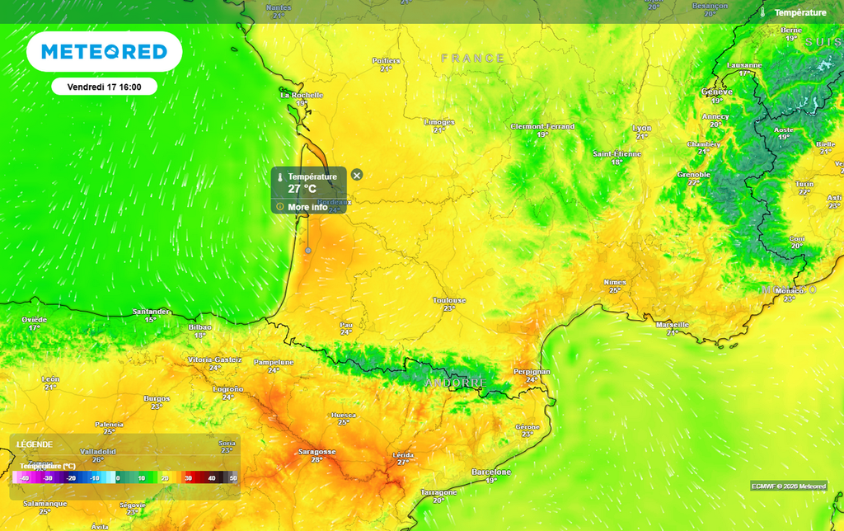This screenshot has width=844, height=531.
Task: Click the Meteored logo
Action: click(104, 52)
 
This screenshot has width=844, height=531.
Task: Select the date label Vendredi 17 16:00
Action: click(104, 86)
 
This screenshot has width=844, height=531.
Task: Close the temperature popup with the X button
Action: click(357, 175)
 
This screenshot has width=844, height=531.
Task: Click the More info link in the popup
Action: click(307, 207)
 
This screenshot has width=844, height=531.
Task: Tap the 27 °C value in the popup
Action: click(302, 189)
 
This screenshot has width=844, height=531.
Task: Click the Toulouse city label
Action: click(449, 301)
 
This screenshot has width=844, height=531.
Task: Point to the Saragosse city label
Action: click(316, 452)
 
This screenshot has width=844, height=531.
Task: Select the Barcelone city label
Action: click(491, 472)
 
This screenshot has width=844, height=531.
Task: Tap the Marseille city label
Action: click(672, 325)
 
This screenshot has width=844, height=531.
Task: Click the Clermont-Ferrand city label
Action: click(542, 127)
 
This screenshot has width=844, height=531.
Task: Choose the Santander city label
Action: click(151, 312)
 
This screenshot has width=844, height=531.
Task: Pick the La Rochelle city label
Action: click(302, 95)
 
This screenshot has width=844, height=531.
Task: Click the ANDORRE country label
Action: click(456, 383)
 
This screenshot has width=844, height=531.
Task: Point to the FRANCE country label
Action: click(472, 59)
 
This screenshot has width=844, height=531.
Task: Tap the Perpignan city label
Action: click(532, 372)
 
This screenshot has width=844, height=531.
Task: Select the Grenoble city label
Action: click(693, 175)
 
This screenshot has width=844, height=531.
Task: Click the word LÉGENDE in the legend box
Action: click(35, 444)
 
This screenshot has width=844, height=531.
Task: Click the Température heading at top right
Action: click(799, 12)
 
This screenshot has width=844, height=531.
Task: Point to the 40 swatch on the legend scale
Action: click(211, 477)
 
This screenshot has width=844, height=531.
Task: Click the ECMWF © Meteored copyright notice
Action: click(788, 486)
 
